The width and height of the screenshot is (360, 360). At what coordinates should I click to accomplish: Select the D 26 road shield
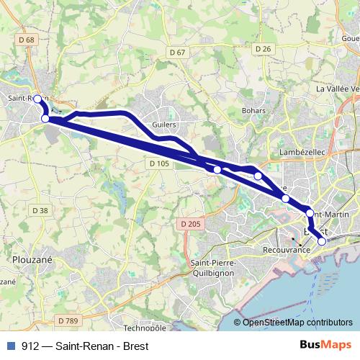click(x=262, y=48)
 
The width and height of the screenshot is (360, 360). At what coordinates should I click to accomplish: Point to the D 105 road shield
click(x=160, y=163)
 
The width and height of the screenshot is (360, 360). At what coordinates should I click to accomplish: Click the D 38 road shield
click(x=40, y=210)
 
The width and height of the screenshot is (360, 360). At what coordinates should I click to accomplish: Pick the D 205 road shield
click(x=191, y=224)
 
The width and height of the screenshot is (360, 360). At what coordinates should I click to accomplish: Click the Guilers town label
click(x=165, y=124)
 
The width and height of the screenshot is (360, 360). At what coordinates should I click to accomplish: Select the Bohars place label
click(x=254, y=110)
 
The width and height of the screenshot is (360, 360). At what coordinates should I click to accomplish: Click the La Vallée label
click(x=337, y=88)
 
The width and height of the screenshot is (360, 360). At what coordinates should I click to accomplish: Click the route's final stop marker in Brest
click(x=322, y=241)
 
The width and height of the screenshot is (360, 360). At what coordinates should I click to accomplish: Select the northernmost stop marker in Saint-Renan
click(x=38, y=99)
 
